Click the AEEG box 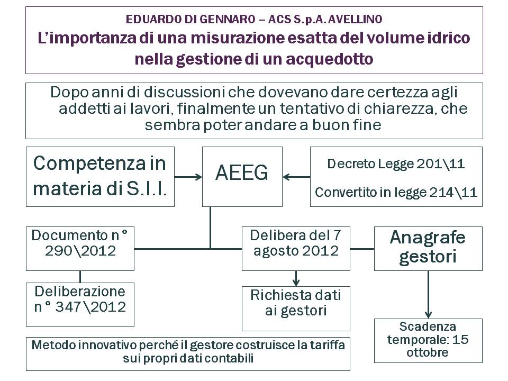242,177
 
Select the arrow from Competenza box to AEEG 188,177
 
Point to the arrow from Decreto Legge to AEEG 296,177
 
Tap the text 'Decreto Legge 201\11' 396,164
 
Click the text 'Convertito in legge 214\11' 396,193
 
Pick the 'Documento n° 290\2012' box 80,249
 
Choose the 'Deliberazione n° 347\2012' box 80,305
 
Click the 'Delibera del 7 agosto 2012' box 296,249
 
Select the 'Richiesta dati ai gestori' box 296,309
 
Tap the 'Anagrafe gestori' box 428,249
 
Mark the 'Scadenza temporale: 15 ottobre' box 428,340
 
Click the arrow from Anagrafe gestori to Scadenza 428,295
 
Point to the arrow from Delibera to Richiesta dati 296,278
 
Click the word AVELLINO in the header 355,20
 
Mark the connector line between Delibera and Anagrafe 362,249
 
